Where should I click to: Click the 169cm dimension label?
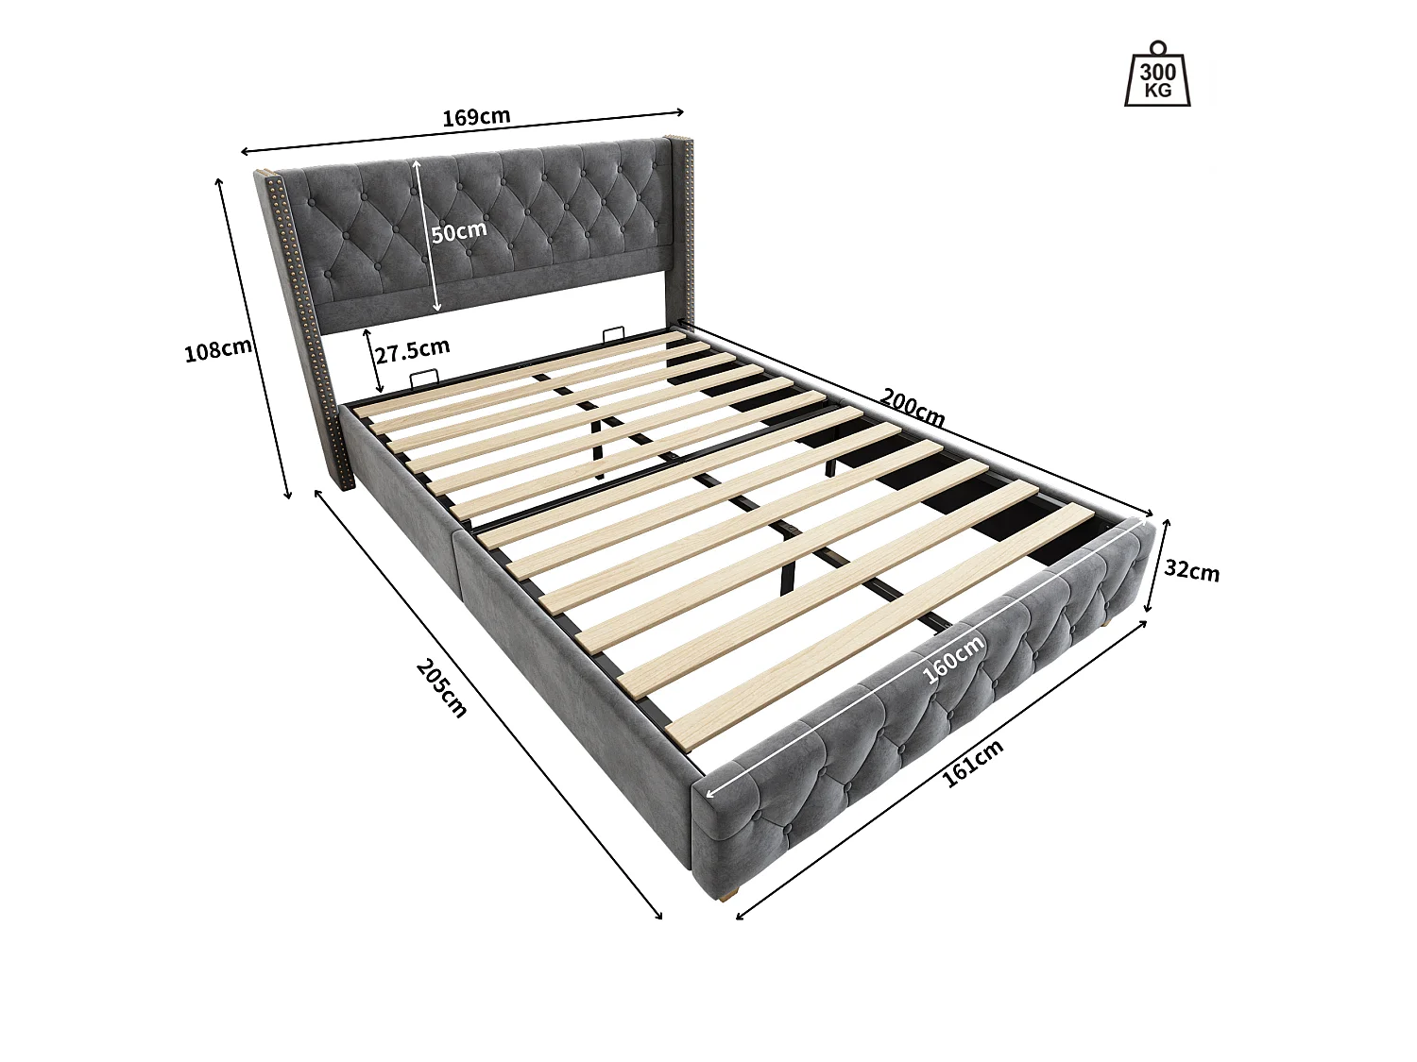point(476,117)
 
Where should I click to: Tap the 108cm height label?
point(218,350)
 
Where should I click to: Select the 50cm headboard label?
point(460,230)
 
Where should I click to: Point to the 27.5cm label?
point(412,353)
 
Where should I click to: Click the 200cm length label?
point(913,406)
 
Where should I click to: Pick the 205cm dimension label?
point(441,687)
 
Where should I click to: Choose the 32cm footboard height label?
point(1191,571)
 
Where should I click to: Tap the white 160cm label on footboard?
point(952,658)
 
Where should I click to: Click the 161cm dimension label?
point(973,763)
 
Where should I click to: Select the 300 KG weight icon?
point(1157,75)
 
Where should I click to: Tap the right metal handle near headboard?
point(613,334)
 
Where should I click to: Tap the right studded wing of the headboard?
point(680,227)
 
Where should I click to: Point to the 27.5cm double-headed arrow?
point(372,362)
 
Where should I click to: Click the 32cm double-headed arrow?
point(1157,566)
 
